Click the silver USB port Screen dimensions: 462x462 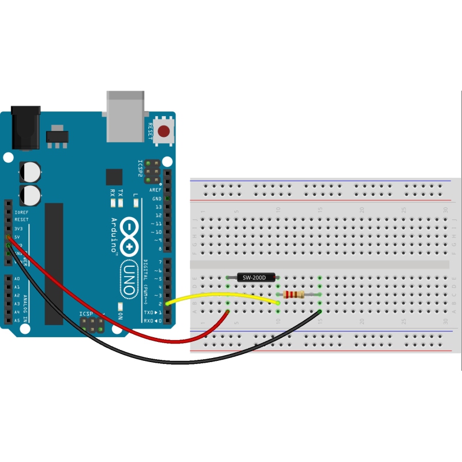click(124, 116)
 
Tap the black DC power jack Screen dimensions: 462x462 click(26, 126)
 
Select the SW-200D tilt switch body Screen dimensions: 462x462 click(254, 278)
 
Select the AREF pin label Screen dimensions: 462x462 click(155, 190)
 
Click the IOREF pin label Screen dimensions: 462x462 click(21, 212)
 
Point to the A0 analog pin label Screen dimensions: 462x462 click(17, 278)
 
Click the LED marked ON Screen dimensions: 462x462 click(120, 307)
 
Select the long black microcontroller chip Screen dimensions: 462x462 click(54, 263)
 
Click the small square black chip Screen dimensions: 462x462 click(114, 177)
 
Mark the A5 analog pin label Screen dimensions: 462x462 click(17, 321)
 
